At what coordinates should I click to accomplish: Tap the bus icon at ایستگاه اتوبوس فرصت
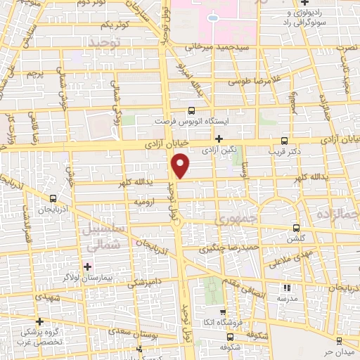pos(191,110)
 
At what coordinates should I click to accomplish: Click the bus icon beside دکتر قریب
pos(284,140)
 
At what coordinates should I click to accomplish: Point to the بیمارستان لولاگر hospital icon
pos(87,266)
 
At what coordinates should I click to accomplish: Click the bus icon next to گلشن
pos(296,228)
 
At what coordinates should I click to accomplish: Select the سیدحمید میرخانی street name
pos(218,48)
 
